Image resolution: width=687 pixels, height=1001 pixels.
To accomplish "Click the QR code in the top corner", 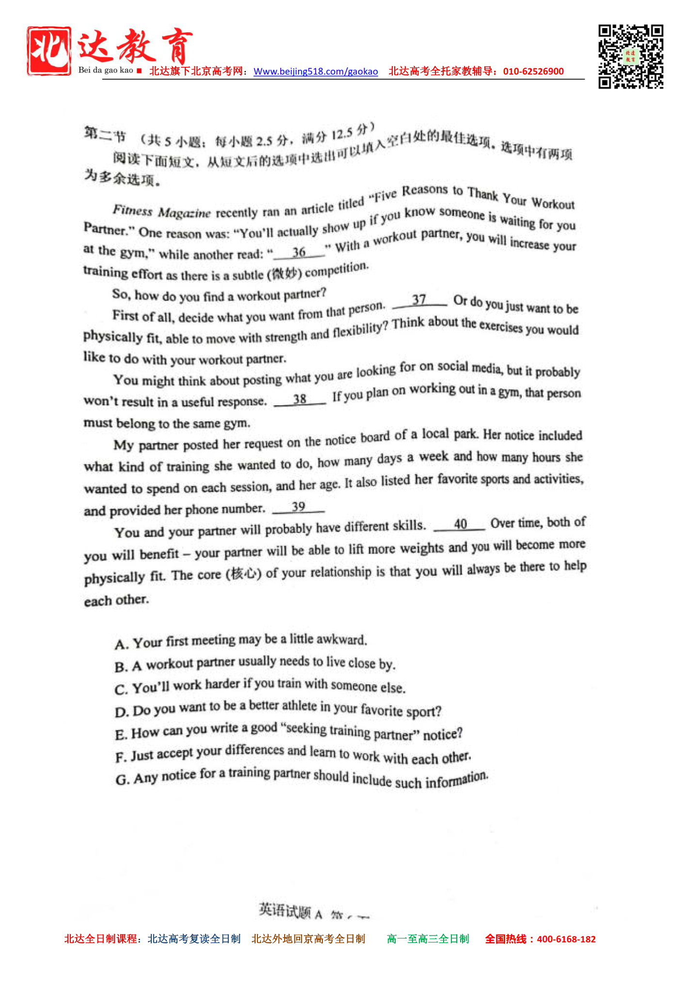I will coord(630,57).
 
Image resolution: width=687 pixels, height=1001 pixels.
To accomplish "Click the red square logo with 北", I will coord(49,51).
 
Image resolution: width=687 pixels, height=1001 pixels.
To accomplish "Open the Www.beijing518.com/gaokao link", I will coord(316,72).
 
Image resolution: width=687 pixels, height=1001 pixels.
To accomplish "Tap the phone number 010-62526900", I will coord(533,71).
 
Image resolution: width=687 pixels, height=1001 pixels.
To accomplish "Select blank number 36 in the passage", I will coord(299,252).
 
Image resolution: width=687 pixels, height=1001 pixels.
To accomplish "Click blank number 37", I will coord(419,300).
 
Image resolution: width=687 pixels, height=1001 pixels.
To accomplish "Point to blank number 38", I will coord(300,399).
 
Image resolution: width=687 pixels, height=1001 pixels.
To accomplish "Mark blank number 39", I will coord(299,507).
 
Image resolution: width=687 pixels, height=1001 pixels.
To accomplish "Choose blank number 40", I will coord(460,524).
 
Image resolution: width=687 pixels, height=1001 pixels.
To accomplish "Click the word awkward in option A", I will coord(341,640).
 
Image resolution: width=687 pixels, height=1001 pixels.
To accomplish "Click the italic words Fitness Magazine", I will coord(161,212).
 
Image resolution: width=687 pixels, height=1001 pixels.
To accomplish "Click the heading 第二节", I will coord(104,134).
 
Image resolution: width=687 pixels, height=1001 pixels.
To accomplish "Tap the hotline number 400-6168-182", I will coord(566,939).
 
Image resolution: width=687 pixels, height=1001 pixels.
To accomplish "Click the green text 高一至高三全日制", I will coord(428,939).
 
